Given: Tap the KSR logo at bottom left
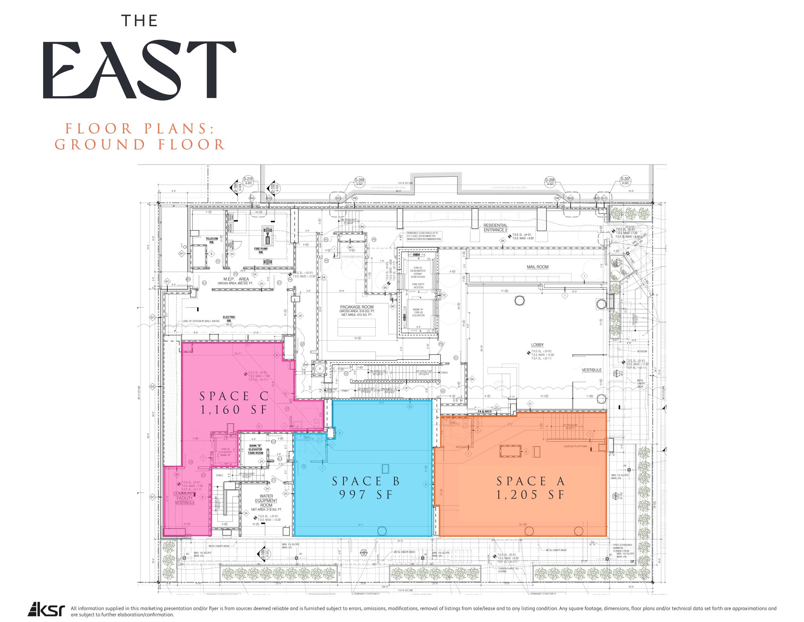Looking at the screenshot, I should click(46, 609).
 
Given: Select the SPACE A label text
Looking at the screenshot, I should click(530, 481).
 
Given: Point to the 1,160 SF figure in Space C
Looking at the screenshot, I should click(234, 410).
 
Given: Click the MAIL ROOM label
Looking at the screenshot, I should click(537, 267).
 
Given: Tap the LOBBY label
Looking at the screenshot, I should click(537, 345).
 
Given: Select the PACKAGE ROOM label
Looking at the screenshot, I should click(357, 307).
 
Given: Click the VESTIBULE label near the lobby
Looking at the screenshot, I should click(592, 370).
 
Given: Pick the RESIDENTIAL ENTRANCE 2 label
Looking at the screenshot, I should click(495, 228).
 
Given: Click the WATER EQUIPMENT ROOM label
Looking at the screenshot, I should click(266, 501).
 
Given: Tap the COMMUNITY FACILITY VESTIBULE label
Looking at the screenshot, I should click(185, 498).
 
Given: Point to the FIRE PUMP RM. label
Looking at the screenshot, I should click(261, 250).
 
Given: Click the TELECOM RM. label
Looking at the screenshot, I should click(212, 240).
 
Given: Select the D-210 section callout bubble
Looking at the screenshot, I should click(248, 181).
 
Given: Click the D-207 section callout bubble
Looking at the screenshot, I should click(625, 181).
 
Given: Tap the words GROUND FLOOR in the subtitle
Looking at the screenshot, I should click(140, 145).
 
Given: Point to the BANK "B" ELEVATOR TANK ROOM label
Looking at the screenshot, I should click(255, 449).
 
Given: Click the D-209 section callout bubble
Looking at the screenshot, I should click(359, 182).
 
